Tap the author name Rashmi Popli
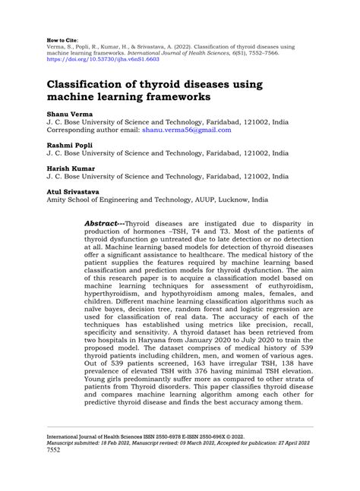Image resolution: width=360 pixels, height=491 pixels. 63,145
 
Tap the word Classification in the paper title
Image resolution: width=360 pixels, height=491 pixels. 96,83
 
